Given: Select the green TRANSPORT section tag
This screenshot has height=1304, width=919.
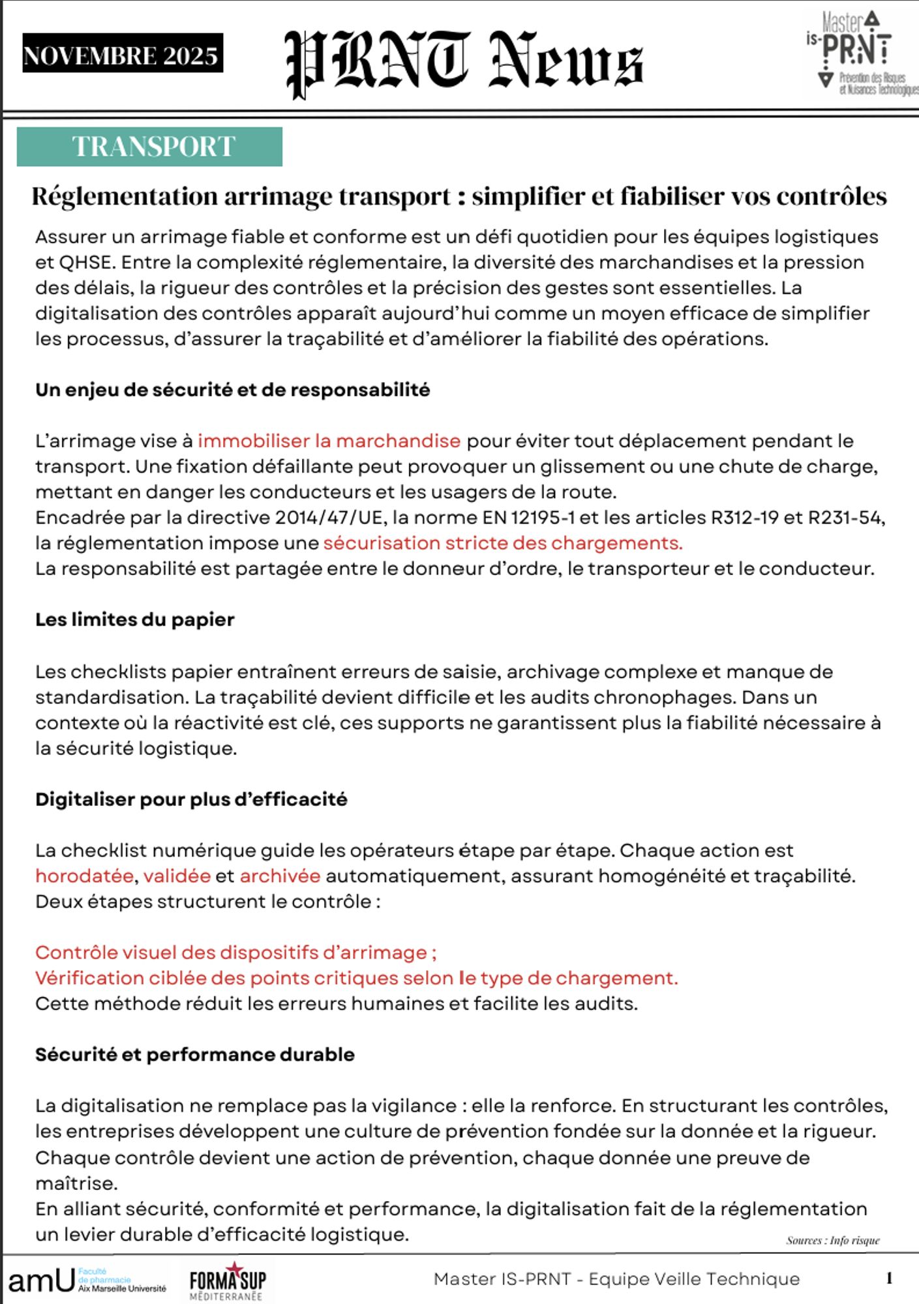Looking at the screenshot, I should [149, 147].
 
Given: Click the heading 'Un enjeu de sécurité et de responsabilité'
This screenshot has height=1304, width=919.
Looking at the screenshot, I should [232, 390].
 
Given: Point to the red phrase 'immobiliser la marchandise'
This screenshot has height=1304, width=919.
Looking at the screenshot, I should [329, 441].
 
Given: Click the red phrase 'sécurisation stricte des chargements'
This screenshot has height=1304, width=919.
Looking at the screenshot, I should [502, 543].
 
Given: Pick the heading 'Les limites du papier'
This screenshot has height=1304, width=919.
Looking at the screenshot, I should [134, 619].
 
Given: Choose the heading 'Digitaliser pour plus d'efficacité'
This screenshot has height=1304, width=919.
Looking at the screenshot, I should [191, 799].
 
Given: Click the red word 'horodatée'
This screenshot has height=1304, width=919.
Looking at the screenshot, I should [84, 876].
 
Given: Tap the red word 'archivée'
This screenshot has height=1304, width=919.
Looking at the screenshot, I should [280, 876].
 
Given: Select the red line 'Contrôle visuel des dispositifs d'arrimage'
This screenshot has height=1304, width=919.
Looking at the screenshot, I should [235, 953].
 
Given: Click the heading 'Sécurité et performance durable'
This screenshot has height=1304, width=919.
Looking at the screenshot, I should [194, 1055].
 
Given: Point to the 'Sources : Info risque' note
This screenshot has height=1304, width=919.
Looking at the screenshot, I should [832, 1241].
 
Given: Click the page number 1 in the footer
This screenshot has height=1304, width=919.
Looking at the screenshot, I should [889, 1279].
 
